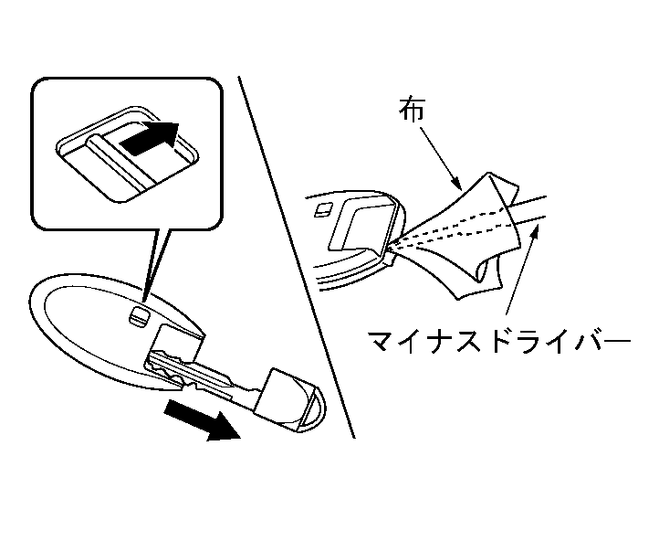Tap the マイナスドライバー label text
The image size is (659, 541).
pyautogui.click(x=499, y=344)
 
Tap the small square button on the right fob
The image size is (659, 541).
pyautogui.click(x=322, y=211)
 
